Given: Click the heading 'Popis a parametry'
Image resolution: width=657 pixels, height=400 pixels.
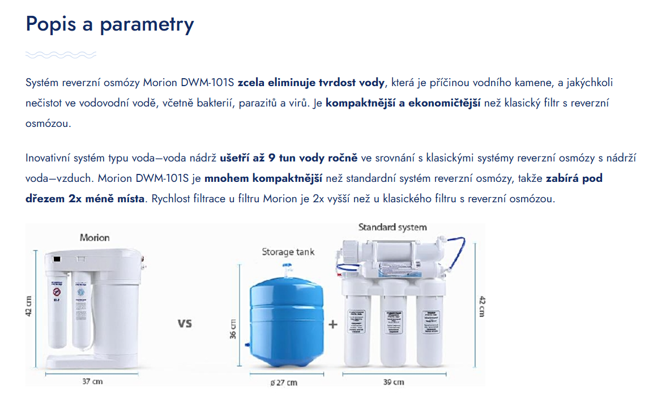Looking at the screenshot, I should (110, 24).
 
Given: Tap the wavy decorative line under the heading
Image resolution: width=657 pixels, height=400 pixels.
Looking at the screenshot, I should (61, 55).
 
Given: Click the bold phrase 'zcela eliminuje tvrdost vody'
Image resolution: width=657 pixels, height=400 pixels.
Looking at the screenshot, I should (311, 83).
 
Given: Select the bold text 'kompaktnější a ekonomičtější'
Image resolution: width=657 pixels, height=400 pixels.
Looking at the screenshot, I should (403, 103).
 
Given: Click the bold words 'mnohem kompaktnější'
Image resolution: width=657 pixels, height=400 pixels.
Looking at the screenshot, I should (263, 178).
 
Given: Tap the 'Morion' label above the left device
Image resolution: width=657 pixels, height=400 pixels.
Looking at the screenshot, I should (95, 237).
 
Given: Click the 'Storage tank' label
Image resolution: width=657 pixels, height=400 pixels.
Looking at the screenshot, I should (288, 252).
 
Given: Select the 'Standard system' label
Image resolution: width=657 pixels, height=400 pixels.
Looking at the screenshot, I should (393, 227).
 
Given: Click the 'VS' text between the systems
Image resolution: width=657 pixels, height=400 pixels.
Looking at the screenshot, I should (185, 324).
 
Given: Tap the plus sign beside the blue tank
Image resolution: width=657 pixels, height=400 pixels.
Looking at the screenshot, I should (333, 324).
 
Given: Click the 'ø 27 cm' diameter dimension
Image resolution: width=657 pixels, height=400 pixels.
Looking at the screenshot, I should (284, 382).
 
